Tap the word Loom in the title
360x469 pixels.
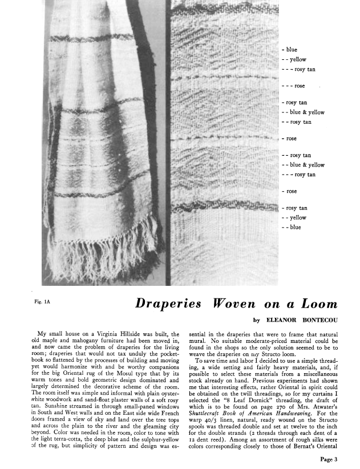click(318, 304)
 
